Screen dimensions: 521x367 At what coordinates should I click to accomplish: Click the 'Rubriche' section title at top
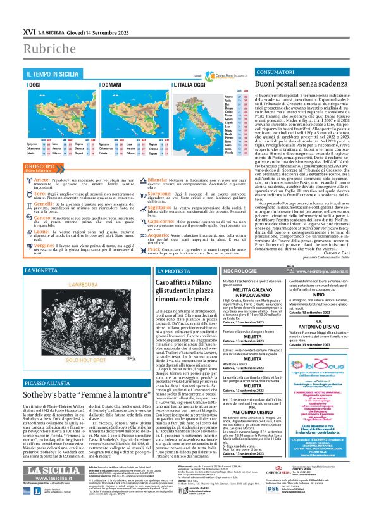click(x=47, y=49)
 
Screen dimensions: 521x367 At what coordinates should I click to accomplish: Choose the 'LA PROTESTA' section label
click(x=173, y=271)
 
